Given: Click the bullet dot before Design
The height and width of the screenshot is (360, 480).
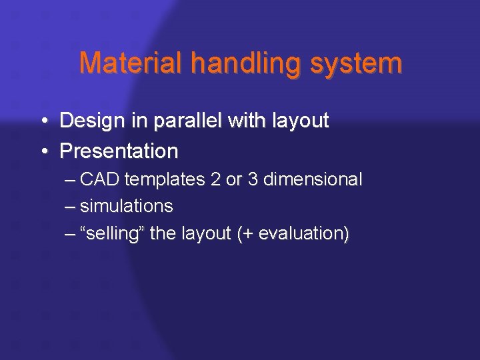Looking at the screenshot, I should [x=43, y=121].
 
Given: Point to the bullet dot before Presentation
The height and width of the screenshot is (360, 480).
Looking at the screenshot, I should [x=43, y=152].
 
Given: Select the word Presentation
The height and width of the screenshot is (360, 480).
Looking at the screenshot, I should [x=119, y=151].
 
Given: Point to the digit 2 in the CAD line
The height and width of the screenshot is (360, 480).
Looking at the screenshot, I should [x=214, y=179].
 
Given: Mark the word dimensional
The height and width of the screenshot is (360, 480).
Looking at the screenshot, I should [x=313, y=179].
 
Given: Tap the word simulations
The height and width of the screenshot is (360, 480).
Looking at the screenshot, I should [x=127, y=206].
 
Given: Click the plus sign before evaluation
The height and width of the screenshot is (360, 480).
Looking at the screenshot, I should [x=249, y=234].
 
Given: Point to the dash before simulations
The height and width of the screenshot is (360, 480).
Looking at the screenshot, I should [x=71, y=207].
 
